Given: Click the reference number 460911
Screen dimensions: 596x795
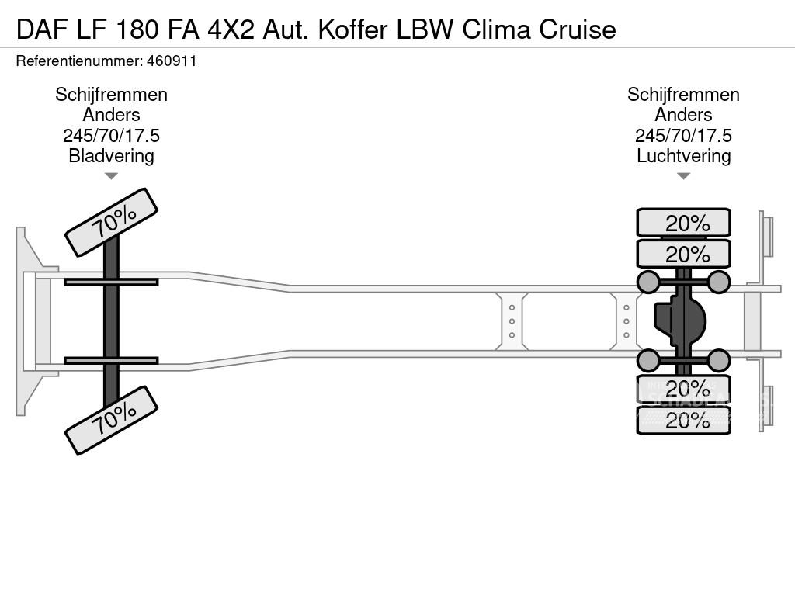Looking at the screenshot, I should click(169, 61).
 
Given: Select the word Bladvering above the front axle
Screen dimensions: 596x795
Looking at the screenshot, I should click(111, 155).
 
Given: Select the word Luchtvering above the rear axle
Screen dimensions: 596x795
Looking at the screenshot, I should click(683, 155).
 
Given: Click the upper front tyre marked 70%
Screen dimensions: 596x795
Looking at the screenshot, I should click(110, 222).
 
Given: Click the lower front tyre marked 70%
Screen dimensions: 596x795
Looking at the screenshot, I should click(111, 420).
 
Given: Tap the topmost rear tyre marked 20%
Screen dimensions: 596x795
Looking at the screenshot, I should click(683, 223).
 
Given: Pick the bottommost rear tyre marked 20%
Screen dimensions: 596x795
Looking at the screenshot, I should click(683, 421).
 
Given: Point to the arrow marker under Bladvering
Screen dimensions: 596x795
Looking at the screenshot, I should click(111, 176).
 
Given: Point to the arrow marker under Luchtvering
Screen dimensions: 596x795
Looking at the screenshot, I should click(683, 176).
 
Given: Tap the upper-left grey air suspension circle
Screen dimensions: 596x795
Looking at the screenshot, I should click(647, 282).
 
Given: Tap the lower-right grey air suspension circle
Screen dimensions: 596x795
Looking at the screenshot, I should click(719, 360).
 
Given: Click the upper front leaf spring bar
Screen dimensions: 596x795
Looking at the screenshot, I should click(111, 282).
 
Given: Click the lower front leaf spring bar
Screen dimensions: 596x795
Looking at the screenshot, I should click(111, 360).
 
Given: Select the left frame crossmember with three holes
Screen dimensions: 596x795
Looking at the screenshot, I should click(512, 321).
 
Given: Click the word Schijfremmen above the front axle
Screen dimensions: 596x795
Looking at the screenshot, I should click(111, 95).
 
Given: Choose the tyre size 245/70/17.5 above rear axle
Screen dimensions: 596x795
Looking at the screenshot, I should click(683, 135).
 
